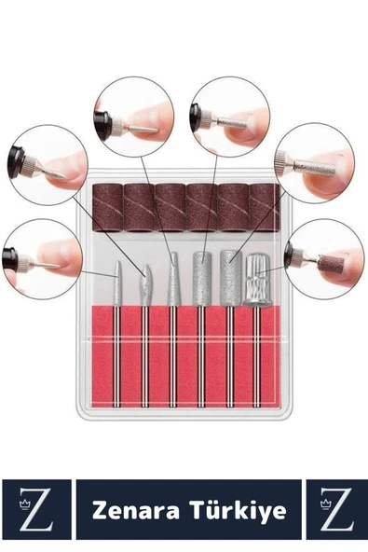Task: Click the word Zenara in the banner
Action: click(x=136, y=510)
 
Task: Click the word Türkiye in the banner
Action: click(x=238, y=510)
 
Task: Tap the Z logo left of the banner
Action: click(x=36, y=509)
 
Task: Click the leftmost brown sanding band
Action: click(x=107, y=208)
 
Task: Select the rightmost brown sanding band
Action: click(x=265, y=208)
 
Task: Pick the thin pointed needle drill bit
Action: click(x=117, y=283)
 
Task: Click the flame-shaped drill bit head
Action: click(x=145, y=285)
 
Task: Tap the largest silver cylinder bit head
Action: click(x=231, y=278)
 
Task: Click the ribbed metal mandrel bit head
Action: click(x=256, y=281)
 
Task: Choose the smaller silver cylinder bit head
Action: click(x=201, y=278)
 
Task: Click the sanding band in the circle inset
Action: click(x=329, y=263)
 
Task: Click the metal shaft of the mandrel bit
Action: click(x=256, y=357)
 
